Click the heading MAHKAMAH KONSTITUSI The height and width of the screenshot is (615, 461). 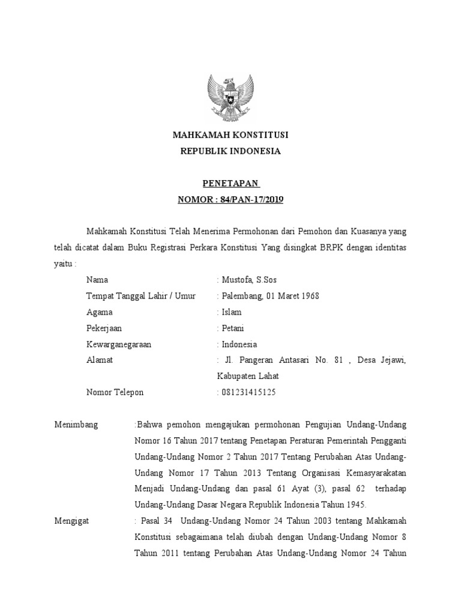point(230,135)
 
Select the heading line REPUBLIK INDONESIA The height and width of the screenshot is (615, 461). point(230,151)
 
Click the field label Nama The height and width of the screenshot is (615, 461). point(97,279)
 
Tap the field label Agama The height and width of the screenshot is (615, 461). point(99,312)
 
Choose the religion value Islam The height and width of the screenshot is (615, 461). point(232,312)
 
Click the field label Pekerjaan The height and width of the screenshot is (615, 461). point(104,328)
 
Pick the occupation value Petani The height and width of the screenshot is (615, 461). point(233,328)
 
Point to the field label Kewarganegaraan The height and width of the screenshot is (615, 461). point(118,344)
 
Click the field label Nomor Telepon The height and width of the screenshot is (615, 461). point(115,393)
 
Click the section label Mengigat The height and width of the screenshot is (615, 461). point(71,521)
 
